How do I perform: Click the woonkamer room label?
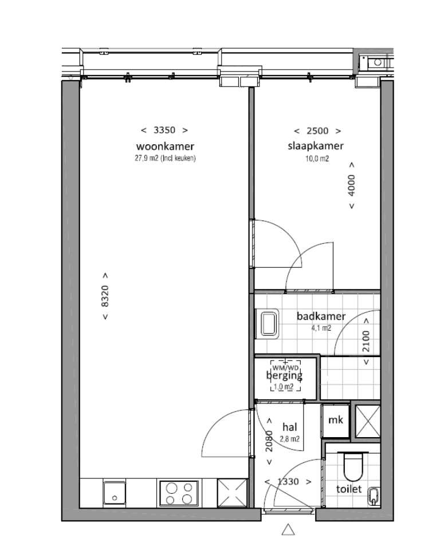click(x=165, y=146)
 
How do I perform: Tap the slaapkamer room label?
click(x=316, y=146)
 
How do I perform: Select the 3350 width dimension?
click(x=164, y=130)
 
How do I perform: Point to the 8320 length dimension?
click(x=105, y=296)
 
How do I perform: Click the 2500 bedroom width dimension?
click(x=317, y=131)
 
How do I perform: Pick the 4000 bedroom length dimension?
click(x=352, y=185)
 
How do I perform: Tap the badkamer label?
click(x=321, y=316)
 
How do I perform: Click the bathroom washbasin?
click(x=268, y=324)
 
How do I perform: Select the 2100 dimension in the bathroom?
click(x=366, y=341)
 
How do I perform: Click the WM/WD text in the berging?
click(x=285, y=368)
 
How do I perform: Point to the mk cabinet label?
click(x=336, y=420)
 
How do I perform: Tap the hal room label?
click(x=290, y=427)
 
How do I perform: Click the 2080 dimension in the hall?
click(x=269, y=441)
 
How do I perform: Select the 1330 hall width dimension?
click(x=288, y=482)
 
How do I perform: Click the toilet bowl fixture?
click(x=353, y=466)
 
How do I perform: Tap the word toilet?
click(x=349, y=489)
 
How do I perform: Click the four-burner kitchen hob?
click(x=179, y=493)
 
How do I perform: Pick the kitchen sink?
click(x=114, y=493)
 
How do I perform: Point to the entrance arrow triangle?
click(x=288, y=529)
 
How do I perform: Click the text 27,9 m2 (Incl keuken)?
click(x=165, y=158)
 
